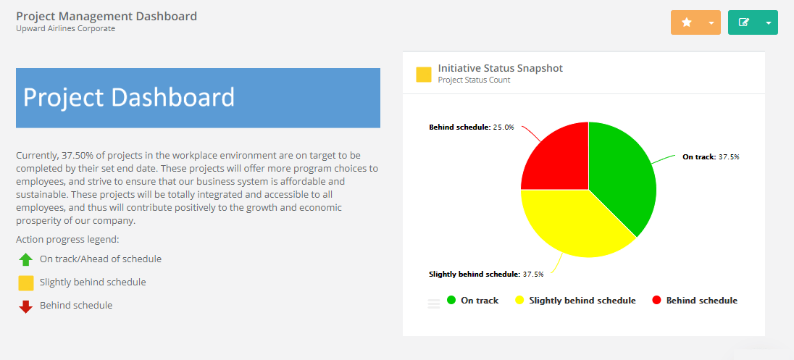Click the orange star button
click(x=687, y=22)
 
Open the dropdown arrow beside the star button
click(x=711, y=22)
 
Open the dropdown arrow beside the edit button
click(x=768, y=22)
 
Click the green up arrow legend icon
click(x=26, y=259)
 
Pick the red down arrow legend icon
click(x=26, y=306)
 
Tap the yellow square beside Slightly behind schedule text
click(x=26, y=282)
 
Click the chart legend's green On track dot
click(x=451, y=300)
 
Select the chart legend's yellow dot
click(x=519, y=300)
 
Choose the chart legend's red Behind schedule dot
click(x=657, y=300)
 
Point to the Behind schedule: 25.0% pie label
click(x=472, y=127)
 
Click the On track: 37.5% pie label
click(x=711, y=156)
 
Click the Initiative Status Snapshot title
click(x=500, y=68)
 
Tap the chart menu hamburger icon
click(x=434, y=304)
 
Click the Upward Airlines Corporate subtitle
click(x=65, y=29)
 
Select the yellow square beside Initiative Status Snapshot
click(x=424, y=74)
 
